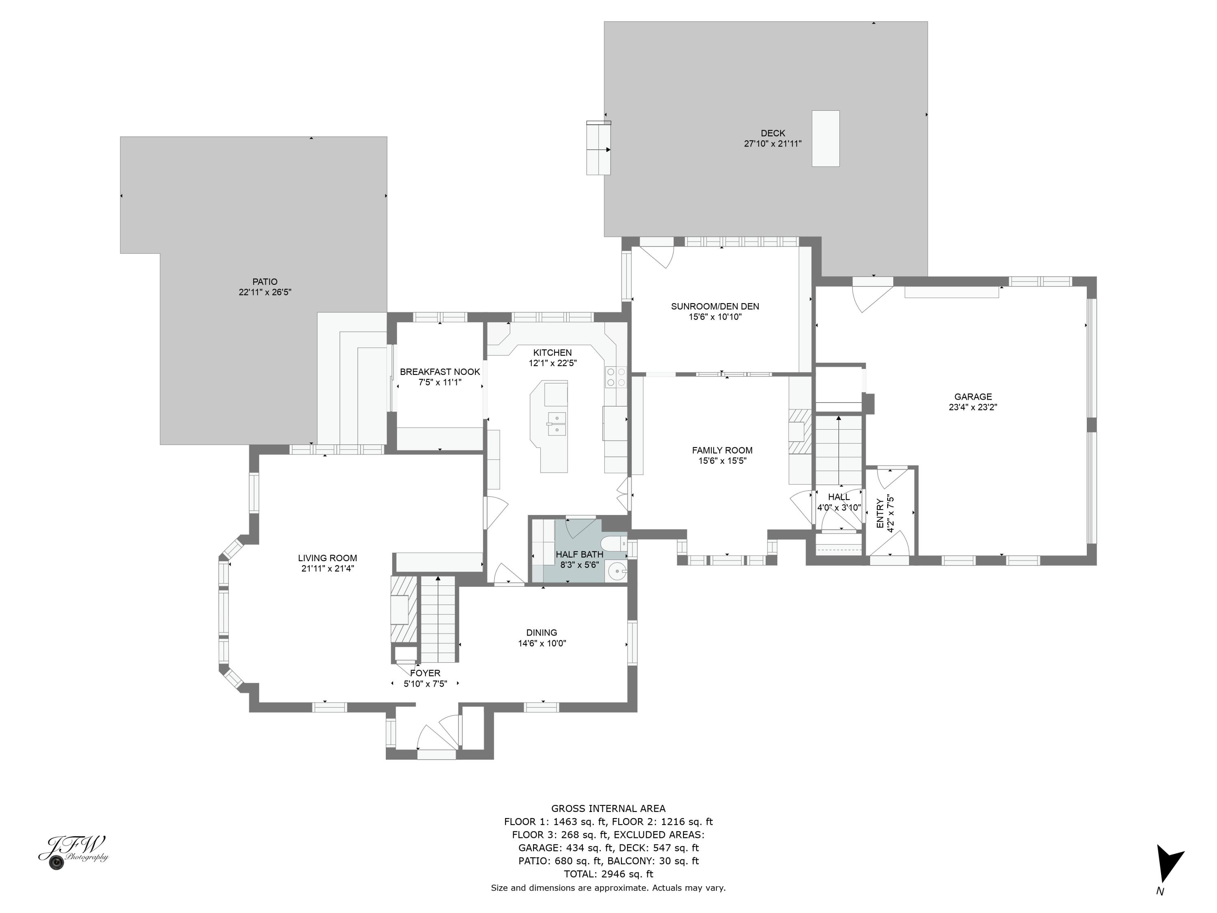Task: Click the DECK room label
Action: coord(772,133)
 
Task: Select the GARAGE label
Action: coord(973,397)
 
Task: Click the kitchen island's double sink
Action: coord(557,424)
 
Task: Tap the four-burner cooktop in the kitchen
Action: coord(616,377)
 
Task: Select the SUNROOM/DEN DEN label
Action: coord(715,306)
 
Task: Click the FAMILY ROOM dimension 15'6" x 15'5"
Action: coord(722,461)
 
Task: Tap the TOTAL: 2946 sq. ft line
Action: coord(608,874)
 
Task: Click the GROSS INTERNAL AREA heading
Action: coord(608,808)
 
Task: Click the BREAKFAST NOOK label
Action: coord(440,372)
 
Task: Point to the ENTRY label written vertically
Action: coord(880,513)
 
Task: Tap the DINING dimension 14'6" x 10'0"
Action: coord(542,643)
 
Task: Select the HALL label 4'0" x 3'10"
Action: coord(839,497)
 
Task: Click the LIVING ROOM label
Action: coord(327,558)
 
